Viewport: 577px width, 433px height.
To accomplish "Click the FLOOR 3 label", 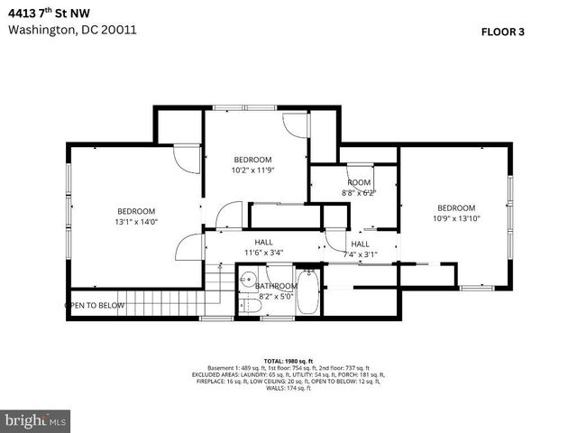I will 503,32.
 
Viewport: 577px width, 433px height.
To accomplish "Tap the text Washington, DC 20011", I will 72,29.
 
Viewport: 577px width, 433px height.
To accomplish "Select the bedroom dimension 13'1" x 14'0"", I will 135,222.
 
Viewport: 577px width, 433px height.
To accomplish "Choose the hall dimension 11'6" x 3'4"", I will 263,253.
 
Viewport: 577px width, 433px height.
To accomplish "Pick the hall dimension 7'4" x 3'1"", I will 360,254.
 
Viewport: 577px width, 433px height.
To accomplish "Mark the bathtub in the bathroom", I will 307,293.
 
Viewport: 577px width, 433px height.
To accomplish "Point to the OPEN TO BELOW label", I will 94,305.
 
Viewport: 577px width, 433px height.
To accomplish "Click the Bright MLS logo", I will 36,420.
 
